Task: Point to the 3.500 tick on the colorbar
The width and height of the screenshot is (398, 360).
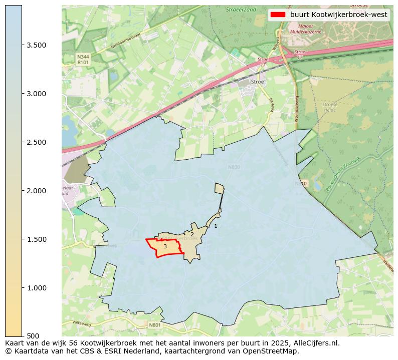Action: tap(37, 45)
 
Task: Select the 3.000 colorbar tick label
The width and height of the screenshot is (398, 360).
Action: tap(37, 94)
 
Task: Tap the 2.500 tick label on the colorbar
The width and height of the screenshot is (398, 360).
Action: tap(37, 142)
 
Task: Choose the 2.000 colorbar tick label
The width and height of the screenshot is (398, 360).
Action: tap(37, 191)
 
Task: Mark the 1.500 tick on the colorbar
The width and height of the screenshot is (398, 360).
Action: tap(37, 239)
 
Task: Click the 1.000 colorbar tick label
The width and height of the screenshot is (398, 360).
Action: tap(37, 288)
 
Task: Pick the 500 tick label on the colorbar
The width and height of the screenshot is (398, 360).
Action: tap(34, 336)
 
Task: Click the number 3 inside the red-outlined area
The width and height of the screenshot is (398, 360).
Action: tap(165, 246)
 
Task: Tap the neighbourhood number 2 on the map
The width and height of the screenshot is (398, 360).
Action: tap(192, 234)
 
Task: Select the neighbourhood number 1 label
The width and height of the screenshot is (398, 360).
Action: tap(216, 226)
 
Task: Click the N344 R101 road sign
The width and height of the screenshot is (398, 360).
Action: tap(83, 60)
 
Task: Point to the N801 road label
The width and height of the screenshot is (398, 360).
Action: tap(155, 325)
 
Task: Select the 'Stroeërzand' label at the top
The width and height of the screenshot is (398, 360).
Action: tap(241, 10)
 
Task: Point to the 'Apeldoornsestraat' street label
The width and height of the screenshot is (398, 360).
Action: tap(127, 43)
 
